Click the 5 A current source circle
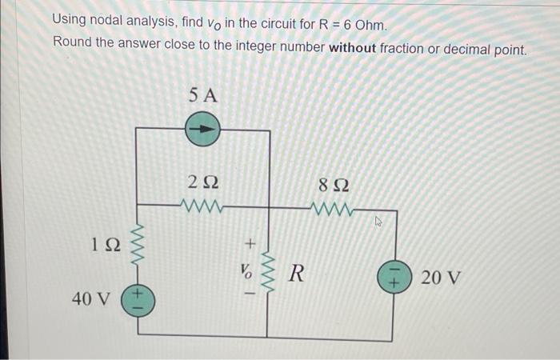coord(202,128)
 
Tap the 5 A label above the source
coord(203,95)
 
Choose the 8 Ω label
coord(334,187)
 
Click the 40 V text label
coord(90,300)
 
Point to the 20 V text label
coord(441,278)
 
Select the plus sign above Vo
coord(250,241)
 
